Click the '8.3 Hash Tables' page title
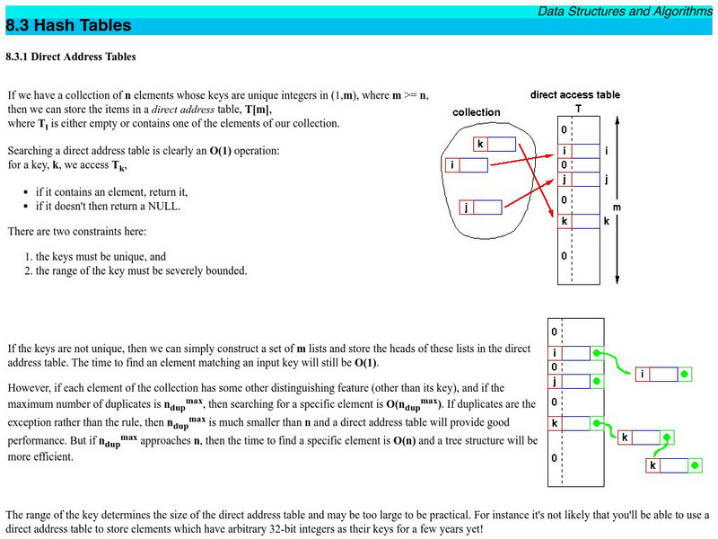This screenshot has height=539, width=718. [x=68, y=26]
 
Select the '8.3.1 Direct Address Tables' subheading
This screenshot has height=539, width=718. [x=71, y=57]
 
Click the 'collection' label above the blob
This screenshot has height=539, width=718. [x=476, y=112]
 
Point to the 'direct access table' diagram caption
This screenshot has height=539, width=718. [x=574, y=94]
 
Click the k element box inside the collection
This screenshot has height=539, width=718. [x=495, y=144]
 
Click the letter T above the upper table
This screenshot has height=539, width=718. [x=577, y=109]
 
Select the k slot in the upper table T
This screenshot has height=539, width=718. [x=579, y=221]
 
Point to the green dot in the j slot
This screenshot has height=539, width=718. [x=594, y=381]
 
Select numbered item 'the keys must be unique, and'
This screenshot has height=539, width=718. [x=101, y=256]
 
